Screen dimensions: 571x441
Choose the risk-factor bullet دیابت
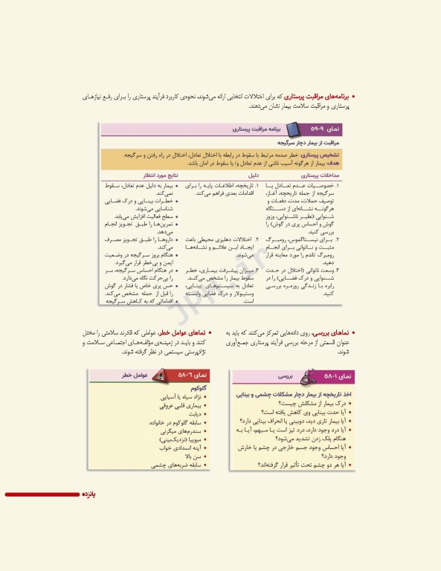(x=195, y=414)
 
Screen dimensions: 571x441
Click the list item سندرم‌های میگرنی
(x=182, y=431)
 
